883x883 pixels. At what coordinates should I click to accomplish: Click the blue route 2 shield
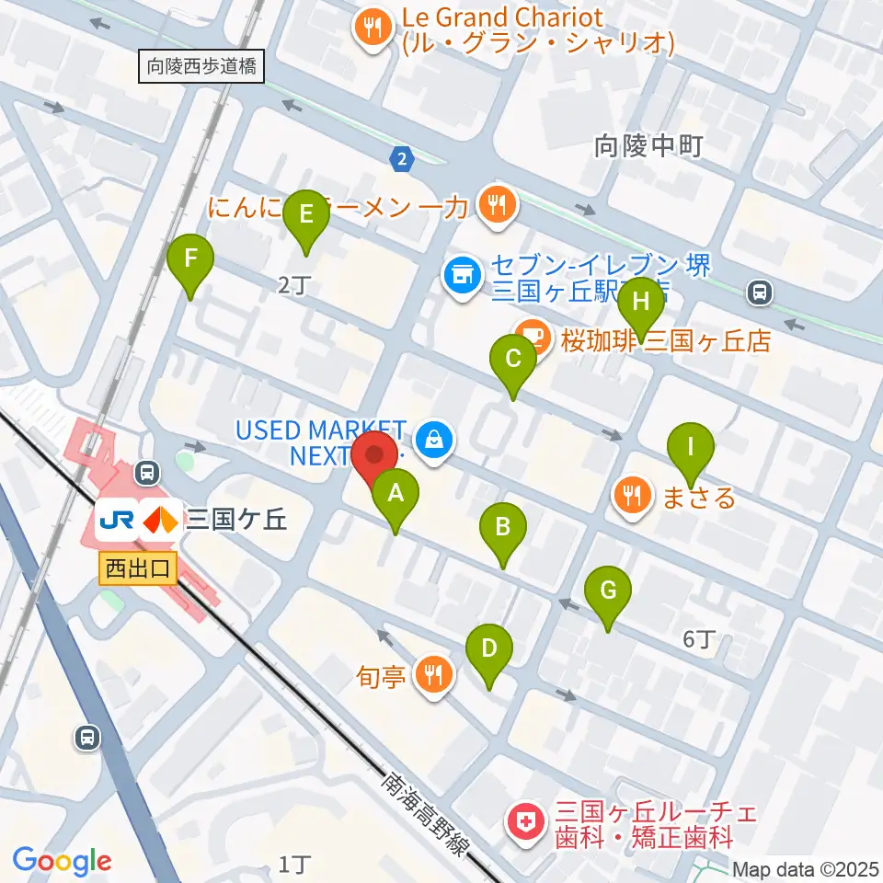(x=401, y=159)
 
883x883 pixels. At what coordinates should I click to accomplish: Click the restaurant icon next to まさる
(x=632, y=496)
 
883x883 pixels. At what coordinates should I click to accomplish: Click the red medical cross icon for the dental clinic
(x=525, y=821)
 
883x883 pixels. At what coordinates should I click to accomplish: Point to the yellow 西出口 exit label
(x=138, y=569)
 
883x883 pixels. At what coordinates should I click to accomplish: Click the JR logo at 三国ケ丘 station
(x=118, y=521)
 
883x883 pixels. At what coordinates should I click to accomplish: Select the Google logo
(x=63, y=860)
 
